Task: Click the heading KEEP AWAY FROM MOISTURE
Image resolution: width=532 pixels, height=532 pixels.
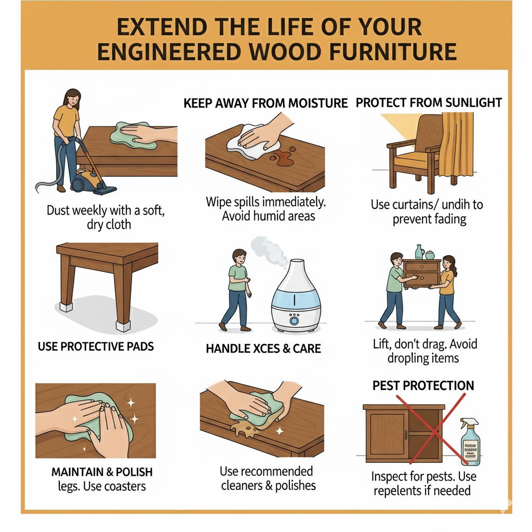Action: point(265,103)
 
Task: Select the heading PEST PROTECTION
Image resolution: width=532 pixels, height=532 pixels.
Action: point(423,385)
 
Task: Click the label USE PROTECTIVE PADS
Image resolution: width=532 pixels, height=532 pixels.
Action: point(96,346)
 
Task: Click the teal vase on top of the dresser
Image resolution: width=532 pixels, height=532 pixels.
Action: point(420,251)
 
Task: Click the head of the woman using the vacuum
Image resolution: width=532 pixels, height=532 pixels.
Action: point(72,97)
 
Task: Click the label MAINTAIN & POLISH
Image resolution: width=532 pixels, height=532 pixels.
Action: point(102,472)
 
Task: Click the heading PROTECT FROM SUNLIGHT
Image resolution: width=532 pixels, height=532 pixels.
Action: point(429,102)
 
